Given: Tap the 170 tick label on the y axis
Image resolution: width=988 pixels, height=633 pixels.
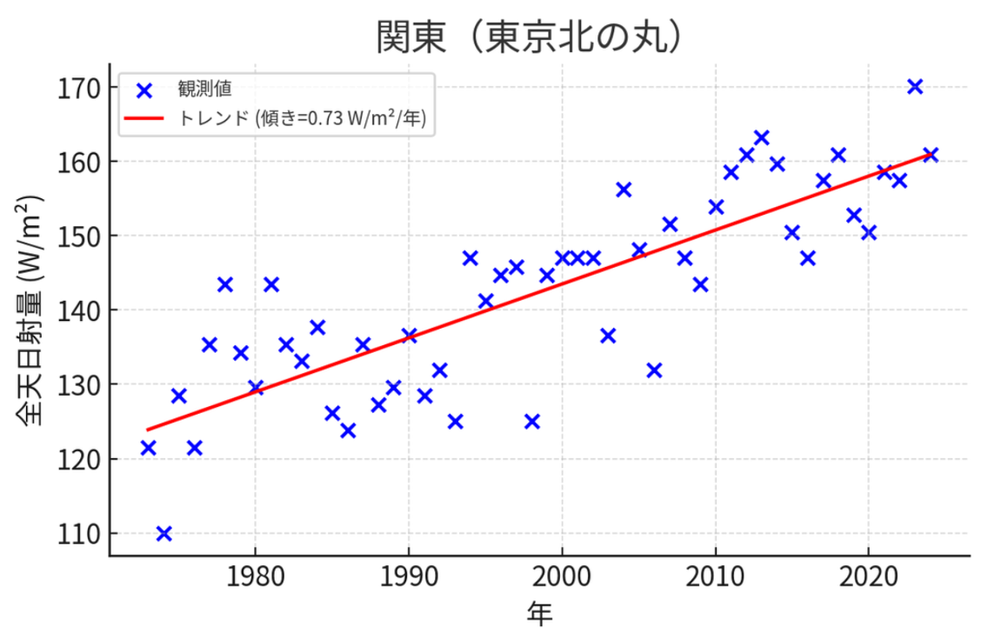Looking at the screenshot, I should pyautogui.click(x=77, y=88).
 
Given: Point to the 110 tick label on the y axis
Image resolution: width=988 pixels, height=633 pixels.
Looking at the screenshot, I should pyautogui.click(x=77, y=533).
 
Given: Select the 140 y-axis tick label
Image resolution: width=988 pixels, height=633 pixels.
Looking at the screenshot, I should pyautogui.click(x=77, y=310).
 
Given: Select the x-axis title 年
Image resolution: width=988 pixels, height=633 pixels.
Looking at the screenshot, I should pyautogui.click(x=539, y=613).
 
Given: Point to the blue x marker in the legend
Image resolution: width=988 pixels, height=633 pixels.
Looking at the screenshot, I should pyautogui.click(x=144, y=89).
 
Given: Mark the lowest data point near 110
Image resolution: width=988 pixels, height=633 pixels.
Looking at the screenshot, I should pyautogui.click(x=164, y=533).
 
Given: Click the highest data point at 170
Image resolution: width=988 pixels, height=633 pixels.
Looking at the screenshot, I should pyautogui.click(x=914, y=86).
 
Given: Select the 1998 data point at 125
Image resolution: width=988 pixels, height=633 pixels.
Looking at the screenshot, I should pyautogui.click(x=531, y=422).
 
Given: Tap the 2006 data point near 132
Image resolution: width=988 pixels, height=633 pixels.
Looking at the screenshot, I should pyautogui.click(x=654, y=370).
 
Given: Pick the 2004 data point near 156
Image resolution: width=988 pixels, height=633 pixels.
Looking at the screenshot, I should pyautogui.click(x=623, y=190).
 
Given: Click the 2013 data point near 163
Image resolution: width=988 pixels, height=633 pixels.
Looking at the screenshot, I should pyautogui.click(x=761, y=137).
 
